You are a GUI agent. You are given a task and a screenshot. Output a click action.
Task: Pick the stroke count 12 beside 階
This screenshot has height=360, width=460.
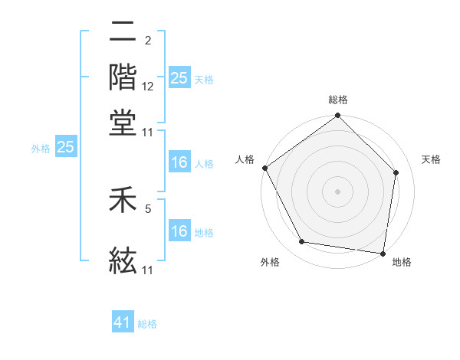coord(148,87)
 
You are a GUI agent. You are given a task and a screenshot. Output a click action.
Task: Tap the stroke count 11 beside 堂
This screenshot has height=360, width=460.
coord(148,132)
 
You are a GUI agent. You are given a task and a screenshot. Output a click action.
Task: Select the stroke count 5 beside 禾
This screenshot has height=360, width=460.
coord(147,207)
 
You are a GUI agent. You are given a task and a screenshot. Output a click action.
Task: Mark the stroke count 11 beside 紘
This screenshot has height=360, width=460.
coord(148,270)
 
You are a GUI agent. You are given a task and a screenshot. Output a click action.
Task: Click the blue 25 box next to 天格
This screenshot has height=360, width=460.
coord(179,78)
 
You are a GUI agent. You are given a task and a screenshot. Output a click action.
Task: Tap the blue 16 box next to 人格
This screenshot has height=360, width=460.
coord(179,163)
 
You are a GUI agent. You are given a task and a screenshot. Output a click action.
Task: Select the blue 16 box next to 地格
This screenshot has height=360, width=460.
coord(179,231)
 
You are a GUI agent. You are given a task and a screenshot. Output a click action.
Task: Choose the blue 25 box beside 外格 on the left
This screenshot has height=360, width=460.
coord(66,147)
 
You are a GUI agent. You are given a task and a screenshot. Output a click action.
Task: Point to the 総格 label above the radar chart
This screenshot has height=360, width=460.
coord(338,100)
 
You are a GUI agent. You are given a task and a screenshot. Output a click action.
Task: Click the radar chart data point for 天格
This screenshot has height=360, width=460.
coord(396,172)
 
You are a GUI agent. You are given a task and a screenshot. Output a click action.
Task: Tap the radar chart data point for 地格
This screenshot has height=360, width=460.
coord(383,253)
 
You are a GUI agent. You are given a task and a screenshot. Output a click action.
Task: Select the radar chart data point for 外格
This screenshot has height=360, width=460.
coord(302,242)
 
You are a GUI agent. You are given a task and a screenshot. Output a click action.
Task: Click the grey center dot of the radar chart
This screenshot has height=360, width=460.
coord(337,191)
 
